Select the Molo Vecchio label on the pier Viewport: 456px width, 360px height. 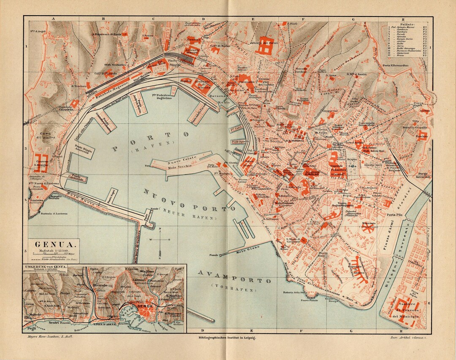click(x=181, y=165)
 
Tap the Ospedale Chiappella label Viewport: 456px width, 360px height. click(x=63, y=108)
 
